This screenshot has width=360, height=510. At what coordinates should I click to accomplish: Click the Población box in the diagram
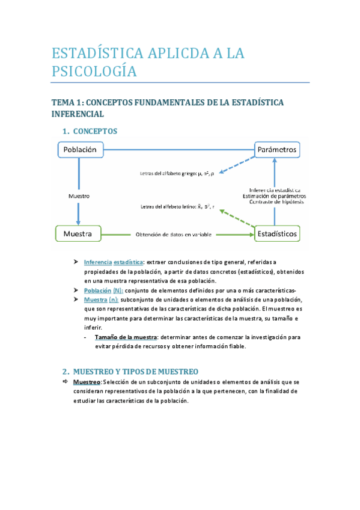pos(80,149)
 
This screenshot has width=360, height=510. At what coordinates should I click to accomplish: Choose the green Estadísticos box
pos(276,233)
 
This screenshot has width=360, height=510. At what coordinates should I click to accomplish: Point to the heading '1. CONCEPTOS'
pos(90,131)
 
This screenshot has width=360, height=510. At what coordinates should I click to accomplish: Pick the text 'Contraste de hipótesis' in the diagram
pos(273,202)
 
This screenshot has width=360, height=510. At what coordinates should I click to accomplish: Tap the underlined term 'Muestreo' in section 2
pos(87,382)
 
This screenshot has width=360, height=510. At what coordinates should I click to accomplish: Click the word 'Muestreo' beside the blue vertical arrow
pos(79,196)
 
